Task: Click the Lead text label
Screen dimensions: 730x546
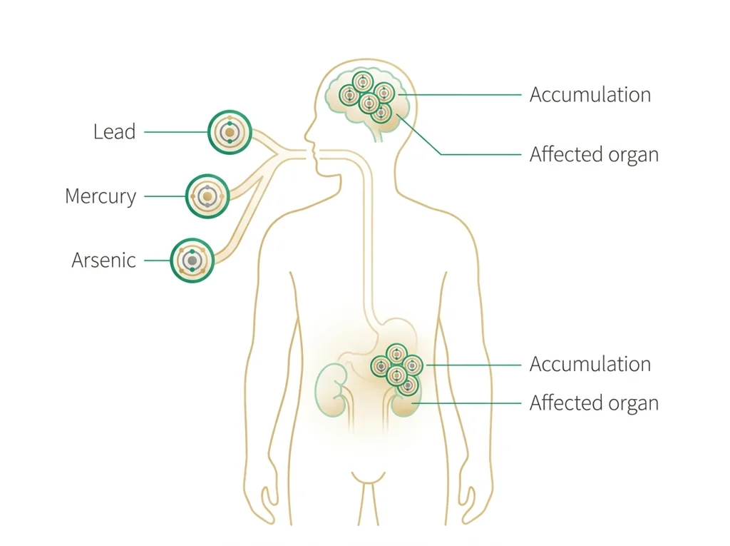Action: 115,131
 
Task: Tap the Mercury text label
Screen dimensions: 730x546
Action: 101,196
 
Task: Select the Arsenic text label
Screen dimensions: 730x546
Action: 104,261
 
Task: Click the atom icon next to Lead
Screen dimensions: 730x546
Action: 230,133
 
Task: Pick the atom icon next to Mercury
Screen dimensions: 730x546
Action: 207,196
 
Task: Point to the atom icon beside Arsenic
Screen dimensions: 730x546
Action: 192,261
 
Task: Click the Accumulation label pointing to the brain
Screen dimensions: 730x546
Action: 590,95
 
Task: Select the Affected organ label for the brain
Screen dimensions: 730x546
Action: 594,155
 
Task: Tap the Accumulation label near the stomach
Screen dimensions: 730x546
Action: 590,364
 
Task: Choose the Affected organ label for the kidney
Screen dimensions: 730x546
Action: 594,403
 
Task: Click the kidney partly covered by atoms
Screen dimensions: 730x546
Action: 404,402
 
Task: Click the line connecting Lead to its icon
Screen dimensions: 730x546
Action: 175,133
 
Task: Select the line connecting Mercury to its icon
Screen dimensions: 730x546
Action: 165,196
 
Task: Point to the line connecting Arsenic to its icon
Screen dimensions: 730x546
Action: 158,261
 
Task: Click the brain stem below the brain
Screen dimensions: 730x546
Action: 378,133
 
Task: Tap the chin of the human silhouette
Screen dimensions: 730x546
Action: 322,174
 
